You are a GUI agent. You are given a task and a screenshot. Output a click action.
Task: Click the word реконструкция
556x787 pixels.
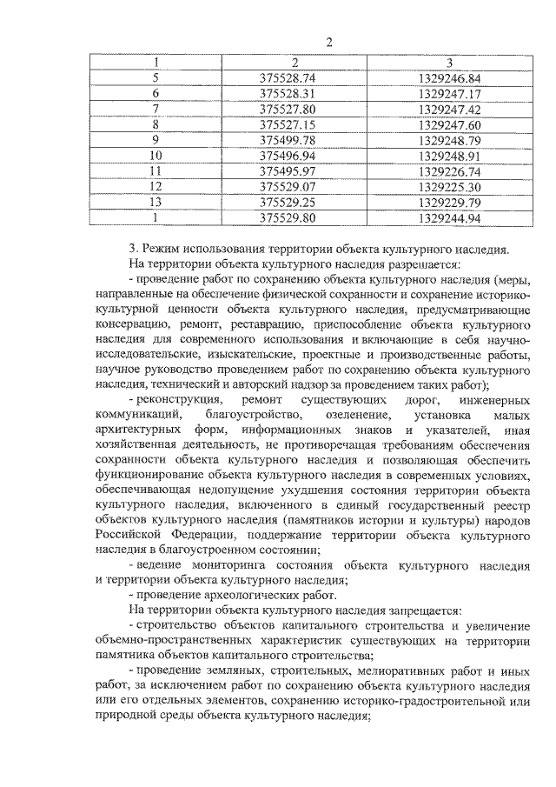tap(173, 398)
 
